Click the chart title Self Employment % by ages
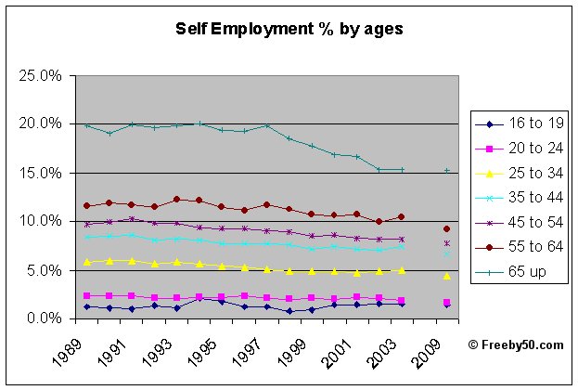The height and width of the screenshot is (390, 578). pyautogui.click(x=289, y=29)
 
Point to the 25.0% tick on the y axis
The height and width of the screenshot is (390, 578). pyautogui.click(x=43, y=75)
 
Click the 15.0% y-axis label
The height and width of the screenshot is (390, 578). pyautogui.click(x=43, y=173)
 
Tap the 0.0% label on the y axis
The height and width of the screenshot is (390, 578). pyautogui.click(x=45, y=318)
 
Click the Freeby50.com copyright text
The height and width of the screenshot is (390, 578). pyautogui.click(x=515, y=344)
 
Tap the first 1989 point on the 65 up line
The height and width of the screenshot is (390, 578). pyautogui.click(x=87, y=125)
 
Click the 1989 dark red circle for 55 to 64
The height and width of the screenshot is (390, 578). pyautogui.click(x=87, y=206)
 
